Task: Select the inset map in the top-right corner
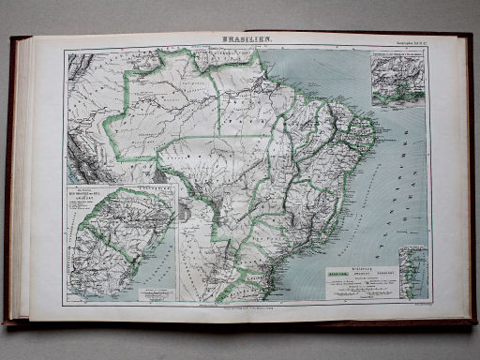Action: pos(396,81)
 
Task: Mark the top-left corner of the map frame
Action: pos(65,50)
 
